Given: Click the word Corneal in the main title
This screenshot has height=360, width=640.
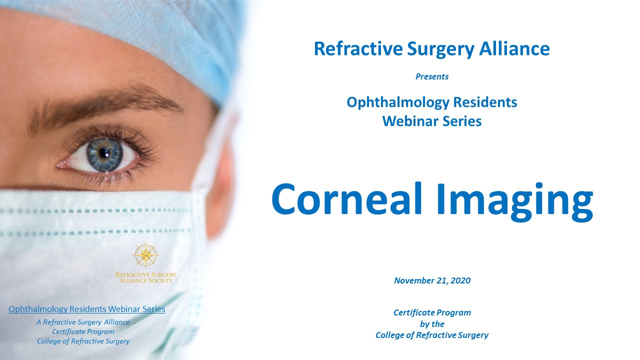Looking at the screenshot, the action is (x=347, y=198).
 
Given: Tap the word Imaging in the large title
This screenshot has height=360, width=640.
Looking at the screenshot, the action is (x=515, y=201).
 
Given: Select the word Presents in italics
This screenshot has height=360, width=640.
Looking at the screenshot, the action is (x=432, y=76).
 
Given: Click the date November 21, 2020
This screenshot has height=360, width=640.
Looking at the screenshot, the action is (x=432, y=280).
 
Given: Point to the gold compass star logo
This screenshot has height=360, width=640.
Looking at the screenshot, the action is (x=145, y=255).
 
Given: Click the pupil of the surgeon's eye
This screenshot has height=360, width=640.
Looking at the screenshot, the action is (x=104, y=153).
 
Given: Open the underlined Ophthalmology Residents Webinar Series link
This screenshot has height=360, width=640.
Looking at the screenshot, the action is (x=87, y=309).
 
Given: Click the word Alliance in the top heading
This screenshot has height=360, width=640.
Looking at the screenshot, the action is (x=514, y=48).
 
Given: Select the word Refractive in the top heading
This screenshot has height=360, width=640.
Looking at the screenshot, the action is (x=358, y=48).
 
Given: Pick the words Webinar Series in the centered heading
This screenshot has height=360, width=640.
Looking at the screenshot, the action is (x=432, y=121).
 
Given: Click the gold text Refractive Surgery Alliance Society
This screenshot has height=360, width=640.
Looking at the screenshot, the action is (x=145, y=277).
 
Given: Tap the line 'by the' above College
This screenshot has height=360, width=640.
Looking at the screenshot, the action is (x=432, y=324).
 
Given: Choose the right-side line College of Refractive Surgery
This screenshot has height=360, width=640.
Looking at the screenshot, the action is (x=432, y=335).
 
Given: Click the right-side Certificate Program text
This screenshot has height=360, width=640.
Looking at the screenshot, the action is (x=432, y=312).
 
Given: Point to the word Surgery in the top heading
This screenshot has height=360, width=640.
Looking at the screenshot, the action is (x=440, y=49).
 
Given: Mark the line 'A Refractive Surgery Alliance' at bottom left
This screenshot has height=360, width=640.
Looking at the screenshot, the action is (x=83, y=322).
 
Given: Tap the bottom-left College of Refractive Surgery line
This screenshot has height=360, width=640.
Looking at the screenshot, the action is (x=83, y=341).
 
